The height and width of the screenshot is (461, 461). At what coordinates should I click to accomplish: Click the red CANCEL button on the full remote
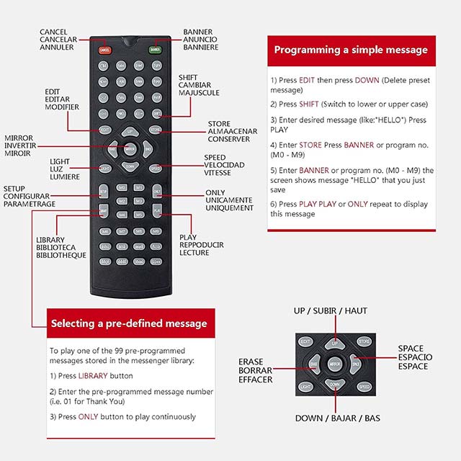click(105, 50)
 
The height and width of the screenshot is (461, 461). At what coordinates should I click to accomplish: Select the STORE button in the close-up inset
click(365, 341)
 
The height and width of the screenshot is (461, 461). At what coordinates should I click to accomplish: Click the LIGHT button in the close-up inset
click(306, 387)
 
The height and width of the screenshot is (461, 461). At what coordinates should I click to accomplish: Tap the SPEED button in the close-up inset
click(364, 387)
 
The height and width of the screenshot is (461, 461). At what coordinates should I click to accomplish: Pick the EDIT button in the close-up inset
click(305, 341)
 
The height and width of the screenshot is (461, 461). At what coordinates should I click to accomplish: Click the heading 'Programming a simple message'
click(351, 50)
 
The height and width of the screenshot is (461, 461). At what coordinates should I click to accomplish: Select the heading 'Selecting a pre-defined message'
click(129, 323)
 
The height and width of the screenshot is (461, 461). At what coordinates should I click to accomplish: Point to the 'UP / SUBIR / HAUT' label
click(330, 311)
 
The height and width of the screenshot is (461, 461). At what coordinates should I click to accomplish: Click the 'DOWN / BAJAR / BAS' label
click(338, 418)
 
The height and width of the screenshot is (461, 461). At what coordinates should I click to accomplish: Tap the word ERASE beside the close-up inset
click(251, 362)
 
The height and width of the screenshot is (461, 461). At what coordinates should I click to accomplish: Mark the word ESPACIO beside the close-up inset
click(415, 357)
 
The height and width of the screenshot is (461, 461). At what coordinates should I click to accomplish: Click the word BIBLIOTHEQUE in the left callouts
click(61, 255)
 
